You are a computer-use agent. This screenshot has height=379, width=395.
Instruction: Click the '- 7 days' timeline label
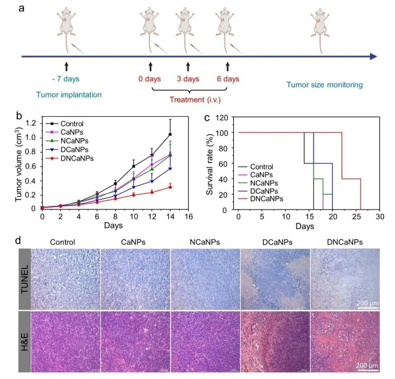66,79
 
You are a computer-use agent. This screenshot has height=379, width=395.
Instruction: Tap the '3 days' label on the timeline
188,79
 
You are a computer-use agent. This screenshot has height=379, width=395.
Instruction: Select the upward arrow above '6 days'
228,66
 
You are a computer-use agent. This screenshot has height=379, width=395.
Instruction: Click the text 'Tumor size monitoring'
325,85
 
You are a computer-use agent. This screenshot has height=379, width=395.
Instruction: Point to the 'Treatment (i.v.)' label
195,100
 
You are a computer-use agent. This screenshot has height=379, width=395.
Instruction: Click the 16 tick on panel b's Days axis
188,217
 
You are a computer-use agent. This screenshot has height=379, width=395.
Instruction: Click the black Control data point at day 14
170,134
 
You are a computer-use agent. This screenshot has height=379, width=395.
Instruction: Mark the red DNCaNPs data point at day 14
170,187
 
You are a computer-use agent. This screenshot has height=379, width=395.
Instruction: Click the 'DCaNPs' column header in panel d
277,242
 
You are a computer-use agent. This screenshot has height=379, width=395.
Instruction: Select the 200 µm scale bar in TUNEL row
368,307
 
